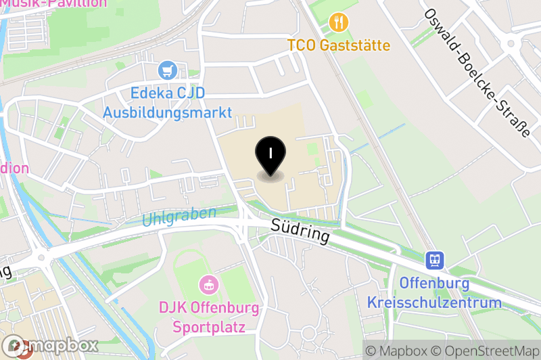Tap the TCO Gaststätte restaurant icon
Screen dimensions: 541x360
coord(338,23)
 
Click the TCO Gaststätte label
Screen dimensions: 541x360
coord(339,45)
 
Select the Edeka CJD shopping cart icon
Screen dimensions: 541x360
coord(167,70)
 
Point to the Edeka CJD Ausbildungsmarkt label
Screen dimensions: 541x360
coord(167,102)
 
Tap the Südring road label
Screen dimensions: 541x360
coord(300,230)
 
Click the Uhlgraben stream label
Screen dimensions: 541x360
coord(179,217)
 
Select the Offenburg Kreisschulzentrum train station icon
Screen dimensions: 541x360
coord(434,259)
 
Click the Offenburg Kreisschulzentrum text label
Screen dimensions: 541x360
coord(434,292)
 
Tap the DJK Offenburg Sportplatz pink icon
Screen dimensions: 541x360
coord(209,284)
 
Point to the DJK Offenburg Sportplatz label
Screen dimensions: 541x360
coord(209,318)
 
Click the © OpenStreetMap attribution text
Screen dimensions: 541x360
coord(486,351)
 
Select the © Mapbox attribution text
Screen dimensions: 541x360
coord(396,351)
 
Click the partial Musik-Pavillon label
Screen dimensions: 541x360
coord(54,3)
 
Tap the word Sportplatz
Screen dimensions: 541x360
coord(209,328)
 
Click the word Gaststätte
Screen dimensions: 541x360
coord(355,45)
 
